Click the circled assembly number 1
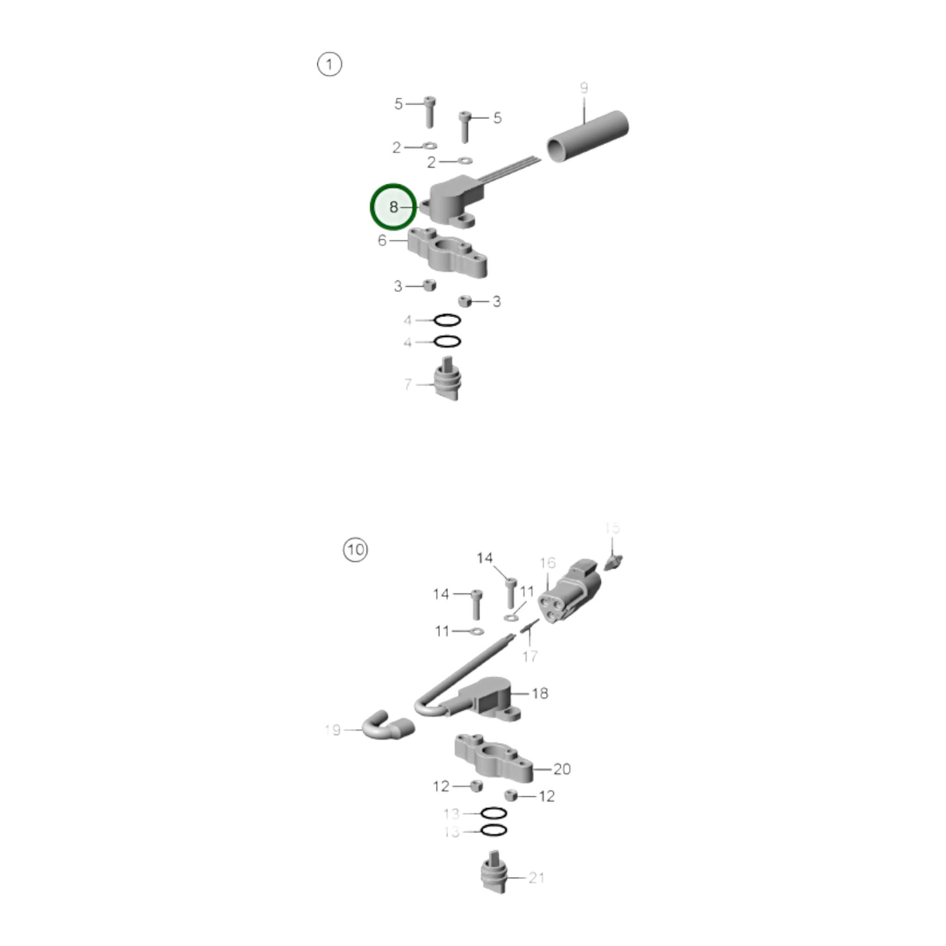329,64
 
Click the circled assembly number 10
355,549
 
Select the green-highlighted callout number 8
393,207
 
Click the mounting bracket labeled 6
448,253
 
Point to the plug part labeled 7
448,382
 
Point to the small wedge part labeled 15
613,562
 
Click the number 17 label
530,655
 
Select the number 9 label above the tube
584,88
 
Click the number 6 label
382,240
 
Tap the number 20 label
562,769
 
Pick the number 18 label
540,693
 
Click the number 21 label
537,877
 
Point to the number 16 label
547,563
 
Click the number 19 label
333,729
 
